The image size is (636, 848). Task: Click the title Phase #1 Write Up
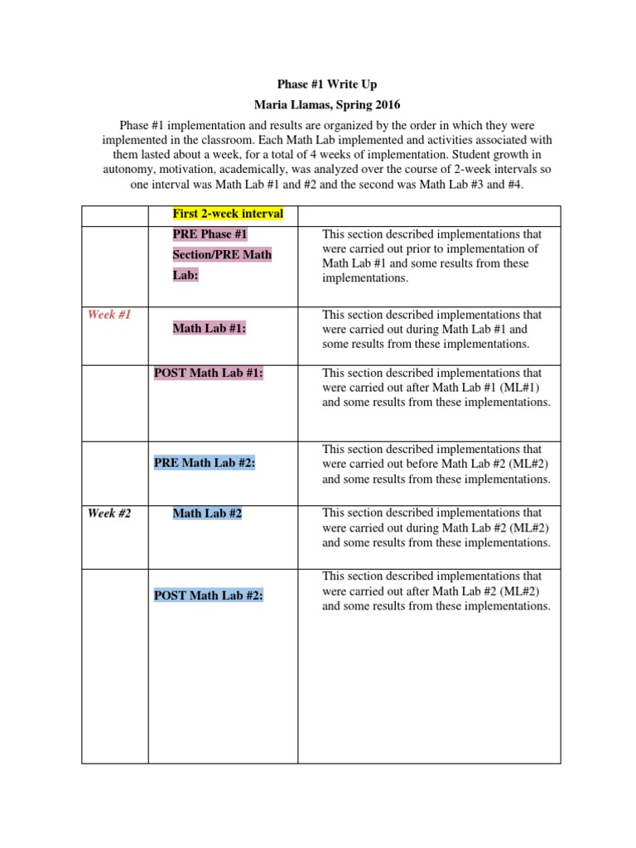tap(319, 85)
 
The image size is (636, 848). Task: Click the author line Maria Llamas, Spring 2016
tap(319, 105)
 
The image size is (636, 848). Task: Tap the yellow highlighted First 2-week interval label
tap(227, 214)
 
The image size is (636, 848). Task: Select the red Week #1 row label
tap(109, 315)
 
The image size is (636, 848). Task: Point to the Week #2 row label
tap(109, 513)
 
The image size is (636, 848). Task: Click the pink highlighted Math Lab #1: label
tap(210, 329)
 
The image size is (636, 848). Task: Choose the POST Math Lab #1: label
tap(209, 373)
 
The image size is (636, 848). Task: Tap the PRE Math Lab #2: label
tap(205, 463)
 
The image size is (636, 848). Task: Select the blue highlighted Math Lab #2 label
tap(207, 513)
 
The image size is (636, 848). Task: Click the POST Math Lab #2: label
tap(209, 595)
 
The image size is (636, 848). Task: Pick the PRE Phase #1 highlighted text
tap(210, 234)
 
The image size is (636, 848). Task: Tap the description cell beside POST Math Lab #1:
tap(436, 388)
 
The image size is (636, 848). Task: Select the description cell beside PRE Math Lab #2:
tap(436, 464)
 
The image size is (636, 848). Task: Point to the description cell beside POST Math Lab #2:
tap(436, 590)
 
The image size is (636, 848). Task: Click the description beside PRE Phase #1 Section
tap(431, 256)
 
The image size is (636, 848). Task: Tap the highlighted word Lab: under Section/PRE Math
tap(185, 275)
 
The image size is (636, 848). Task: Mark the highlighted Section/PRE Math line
tap(222, 255)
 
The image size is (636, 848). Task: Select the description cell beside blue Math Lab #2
tap(436, 528)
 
